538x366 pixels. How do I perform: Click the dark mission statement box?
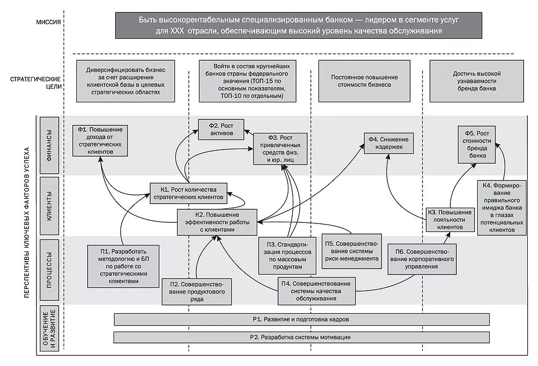291,25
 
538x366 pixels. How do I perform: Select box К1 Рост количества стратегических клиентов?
188,193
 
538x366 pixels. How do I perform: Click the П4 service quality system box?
317,291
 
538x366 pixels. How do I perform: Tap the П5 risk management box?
352,251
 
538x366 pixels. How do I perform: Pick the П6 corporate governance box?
422,258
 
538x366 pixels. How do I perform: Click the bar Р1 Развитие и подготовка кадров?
301,319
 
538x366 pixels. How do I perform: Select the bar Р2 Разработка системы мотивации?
301,337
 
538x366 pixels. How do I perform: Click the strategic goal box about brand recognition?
476,81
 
